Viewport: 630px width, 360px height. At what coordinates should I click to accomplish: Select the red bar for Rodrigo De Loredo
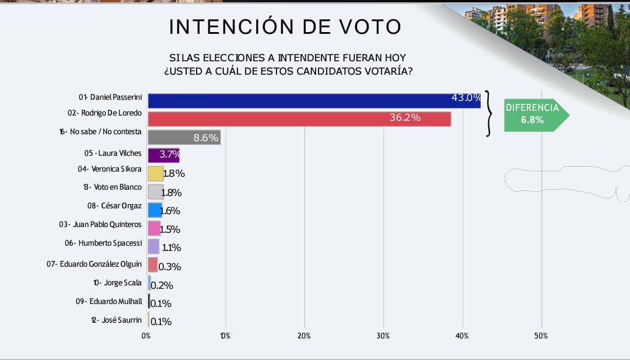(x=299, y=119)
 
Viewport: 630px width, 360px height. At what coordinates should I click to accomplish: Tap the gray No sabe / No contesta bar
(x=184, y=137)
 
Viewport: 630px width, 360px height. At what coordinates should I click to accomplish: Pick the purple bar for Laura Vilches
(x=163, y=155)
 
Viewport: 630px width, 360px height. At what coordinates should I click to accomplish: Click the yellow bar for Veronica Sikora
(x=155, y=173)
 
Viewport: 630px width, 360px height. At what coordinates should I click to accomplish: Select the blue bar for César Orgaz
(x=155, y=210)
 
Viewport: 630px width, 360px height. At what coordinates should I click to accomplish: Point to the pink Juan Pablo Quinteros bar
(x=154, y=228)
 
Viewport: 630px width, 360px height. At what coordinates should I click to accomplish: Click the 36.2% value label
(x=405, y=118)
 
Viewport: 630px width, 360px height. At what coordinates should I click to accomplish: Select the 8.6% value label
(x=206, y=138)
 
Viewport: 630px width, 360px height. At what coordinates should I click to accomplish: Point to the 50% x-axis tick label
(x=541, y=336)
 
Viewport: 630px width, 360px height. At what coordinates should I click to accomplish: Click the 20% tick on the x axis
(x=304, y=336)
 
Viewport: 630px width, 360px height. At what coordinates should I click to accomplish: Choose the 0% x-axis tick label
(x=146, y=336)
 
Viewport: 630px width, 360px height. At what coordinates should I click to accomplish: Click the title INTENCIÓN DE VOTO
(x=285, y=27)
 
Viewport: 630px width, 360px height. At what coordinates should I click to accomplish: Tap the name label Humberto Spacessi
(x=103, y=243)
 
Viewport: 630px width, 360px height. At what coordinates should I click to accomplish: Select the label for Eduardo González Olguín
(x=94, y=264)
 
